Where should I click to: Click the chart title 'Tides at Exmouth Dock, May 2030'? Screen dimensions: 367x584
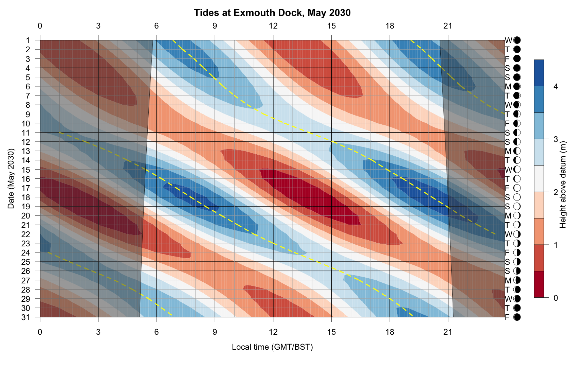pyautogui.click(x=272, y=13)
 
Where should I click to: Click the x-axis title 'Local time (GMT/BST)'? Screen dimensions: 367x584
pyautogui.click(x=272, y=347)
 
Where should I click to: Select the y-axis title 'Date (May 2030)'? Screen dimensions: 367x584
pyautogui.click(x=11, y=178)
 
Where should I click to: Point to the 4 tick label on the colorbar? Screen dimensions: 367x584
pyautogui.click(x=555, y=87)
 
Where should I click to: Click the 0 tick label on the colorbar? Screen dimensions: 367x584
pyautogui.click(x=555, y=298)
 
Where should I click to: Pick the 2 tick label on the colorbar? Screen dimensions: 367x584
pyautogui.click(x=555, y=192)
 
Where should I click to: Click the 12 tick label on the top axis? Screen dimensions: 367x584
pyautogui.click(x=273, y=26)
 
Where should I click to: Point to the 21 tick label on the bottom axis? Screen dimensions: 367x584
pyautogui.click(x=448, y=332)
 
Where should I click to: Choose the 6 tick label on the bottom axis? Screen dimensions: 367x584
pyautogui.click(x=157, y=332)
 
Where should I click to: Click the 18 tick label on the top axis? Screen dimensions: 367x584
pyautogui.click(x=390, y=26)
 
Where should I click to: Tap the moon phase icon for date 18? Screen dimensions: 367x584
pyautogui.click(x=517, y=197)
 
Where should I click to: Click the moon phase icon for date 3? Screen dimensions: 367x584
pyautogui.click(x=517, y=59)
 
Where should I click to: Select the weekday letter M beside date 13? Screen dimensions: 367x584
pyautogui.click(x=508, y=151)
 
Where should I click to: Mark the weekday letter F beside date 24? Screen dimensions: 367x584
pyautogui.click(x=507, y=253)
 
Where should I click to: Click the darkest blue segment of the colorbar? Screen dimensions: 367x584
pyautogui.click(x=539, y=73)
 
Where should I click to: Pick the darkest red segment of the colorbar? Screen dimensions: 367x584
pyautogui.click(x=539, y=284)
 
